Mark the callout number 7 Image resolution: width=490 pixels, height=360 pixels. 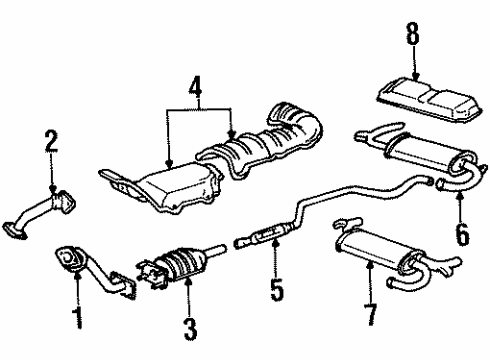click(372, 315)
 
